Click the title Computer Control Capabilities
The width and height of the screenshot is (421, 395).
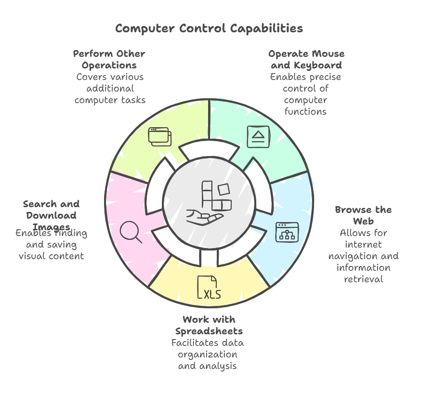[209, 28]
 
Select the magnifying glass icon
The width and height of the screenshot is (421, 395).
[131, 232]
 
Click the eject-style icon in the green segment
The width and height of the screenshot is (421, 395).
[258, 136]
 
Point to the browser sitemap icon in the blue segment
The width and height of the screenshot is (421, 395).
[287, 232]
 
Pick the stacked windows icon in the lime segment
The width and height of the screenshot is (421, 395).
[159, 136]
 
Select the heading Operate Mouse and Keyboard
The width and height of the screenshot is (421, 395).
[306, 59]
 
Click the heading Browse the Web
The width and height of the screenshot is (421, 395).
[363, 215]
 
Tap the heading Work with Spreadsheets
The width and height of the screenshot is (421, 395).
[209, 325]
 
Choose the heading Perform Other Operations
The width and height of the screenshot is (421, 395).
[109, 59]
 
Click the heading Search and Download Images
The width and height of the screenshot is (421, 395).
[51, 215]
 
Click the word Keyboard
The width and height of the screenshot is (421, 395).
[320, 65]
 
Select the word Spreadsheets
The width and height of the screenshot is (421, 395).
[209, 331]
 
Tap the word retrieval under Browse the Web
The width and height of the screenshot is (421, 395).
[364, 279]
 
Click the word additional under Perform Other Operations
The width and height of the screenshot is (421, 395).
[109, 88]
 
